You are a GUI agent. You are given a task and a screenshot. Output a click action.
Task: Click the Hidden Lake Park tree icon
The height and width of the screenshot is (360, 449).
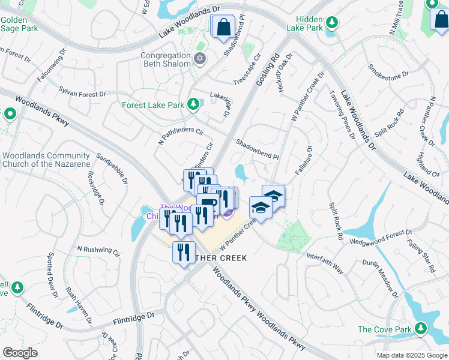click(x=331, y=22)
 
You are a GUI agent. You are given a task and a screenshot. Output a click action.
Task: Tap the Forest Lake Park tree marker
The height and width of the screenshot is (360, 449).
click(x=193, y=105)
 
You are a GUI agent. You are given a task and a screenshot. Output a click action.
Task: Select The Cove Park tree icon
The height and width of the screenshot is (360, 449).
click(x=421, y=328)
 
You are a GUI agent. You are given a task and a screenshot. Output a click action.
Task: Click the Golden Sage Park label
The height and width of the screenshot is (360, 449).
click(x=20, y=23)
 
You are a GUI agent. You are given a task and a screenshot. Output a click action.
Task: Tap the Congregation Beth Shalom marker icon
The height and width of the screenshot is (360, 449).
click(x=200, y=59)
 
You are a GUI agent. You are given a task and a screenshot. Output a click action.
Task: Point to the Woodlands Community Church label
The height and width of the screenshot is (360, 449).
click(x=46, y=160)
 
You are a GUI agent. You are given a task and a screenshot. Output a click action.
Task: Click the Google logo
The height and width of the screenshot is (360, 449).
click(x=20, y=353)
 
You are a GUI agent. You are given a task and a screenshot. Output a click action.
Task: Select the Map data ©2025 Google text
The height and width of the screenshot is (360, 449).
click(x=411, y=355)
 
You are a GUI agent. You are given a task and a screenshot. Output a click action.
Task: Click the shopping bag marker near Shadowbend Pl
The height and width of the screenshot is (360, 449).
click(x=223, y=27)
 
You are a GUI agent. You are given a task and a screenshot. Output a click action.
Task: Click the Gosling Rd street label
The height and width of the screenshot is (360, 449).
click(x=268, y=70)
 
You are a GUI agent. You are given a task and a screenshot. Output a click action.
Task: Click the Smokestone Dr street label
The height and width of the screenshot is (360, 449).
click(x=388, y=71)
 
